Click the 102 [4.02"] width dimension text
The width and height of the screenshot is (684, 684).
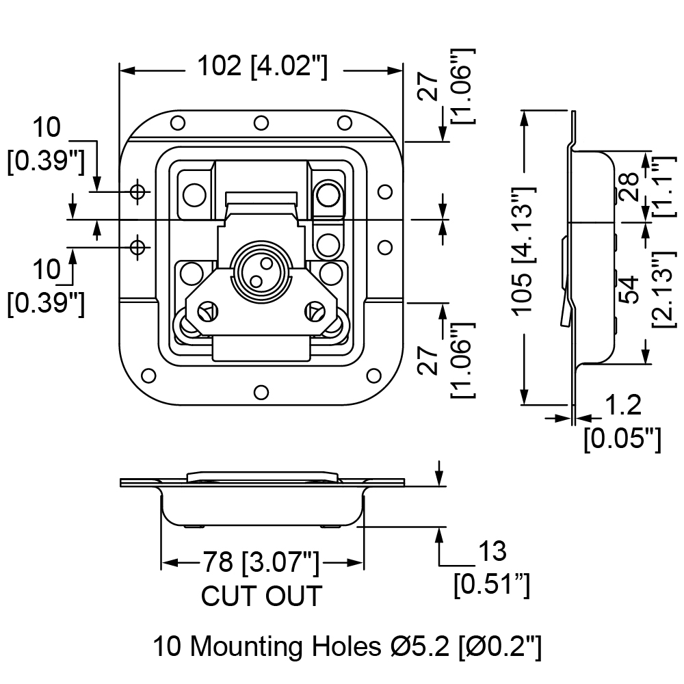262,66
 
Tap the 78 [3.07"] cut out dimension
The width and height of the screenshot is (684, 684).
261,562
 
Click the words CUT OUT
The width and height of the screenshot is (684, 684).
261,596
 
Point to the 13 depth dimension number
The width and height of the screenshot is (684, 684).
492,551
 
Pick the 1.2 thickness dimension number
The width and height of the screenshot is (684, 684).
624,405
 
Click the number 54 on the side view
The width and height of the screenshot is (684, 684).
629,289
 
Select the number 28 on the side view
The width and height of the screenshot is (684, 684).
629,187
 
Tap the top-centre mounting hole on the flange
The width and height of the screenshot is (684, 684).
261,123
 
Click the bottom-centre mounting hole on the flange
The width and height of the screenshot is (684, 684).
261,392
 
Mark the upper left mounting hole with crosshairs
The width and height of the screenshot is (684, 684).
138,192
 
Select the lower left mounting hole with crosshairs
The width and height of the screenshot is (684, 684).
138,248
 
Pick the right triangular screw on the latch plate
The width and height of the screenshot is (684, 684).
315,311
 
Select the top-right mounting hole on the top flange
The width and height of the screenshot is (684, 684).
345,123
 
